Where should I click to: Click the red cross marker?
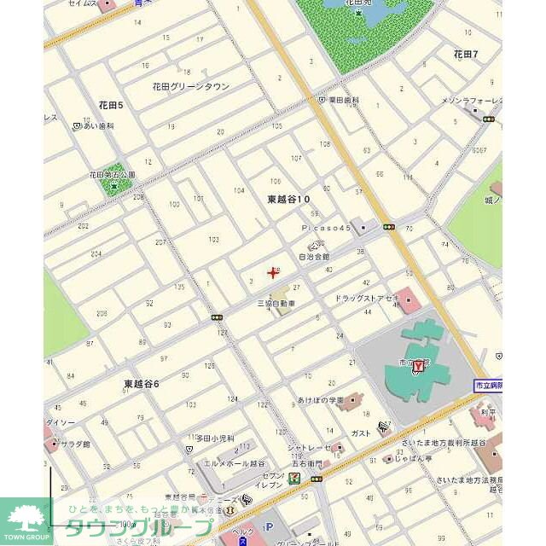tap(272, 273)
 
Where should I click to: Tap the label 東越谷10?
tap(288, 199)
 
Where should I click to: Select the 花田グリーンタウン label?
tap(191, 86)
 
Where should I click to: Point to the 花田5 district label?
tap(111, 105)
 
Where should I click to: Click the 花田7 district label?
tap(465, 54)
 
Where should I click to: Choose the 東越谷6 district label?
tap(141, 384)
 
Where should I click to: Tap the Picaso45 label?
tap(326, 229)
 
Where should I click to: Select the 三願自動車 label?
tap(276, 303)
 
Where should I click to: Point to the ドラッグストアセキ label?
tap(366, 298)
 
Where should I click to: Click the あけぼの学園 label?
tap(320, 399)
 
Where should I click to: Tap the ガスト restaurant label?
tap(361, 433)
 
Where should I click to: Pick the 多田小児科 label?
tap(215, 439)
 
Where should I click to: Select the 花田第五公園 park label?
tap(112, 175)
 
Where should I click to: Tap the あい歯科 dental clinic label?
tap(99, 125)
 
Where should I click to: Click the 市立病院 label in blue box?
tap(488, 386)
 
